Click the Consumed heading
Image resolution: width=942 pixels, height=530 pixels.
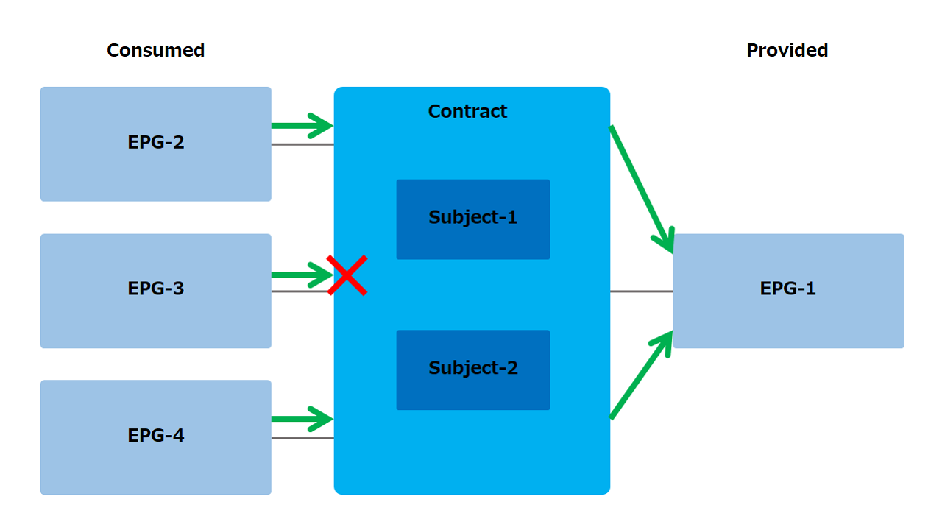pos(155,51)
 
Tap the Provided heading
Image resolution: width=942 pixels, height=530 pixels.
pos(787,51)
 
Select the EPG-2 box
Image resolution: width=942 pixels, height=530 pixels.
pos(155,144)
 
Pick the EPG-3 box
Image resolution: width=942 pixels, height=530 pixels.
pos(155,291)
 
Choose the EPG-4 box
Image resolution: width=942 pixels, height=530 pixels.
pos(155,437)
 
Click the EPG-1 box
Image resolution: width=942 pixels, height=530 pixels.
pos(788,291)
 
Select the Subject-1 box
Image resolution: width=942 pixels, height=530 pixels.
pos(473,219)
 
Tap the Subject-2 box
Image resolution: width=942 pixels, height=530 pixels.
pos(473,370)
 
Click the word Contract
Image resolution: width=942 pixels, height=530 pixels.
pos(467,111)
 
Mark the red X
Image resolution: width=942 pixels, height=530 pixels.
pos(347,275)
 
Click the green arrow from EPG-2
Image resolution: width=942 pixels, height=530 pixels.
pos(302,125)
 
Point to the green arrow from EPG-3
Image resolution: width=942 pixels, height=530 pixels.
pos(302,275)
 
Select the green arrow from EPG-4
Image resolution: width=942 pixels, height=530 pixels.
pos(302,419)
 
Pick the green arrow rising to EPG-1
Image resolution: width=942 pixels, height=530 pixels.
pos(641,375)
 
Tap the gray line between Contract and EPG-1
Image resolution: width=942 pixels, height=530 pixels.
pos(641,291)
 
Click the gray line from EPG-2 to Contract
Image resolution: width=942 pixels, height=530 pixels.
pos(302,145)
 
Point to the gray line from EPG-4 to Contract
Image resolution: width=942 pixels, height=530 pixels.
pos(302,438)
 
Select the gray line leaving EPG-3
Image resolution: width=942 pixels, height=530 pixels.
pos(300,291)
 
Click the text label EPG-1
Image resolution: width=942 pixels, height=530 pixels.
pos(787,289)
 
